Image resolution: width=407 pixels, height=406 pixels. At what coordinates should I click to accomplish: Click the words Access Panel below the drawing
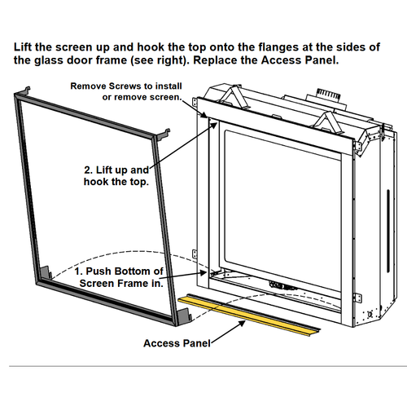177,343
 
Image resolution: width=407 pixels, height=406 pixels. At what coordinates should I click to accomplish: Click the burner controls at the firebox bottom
281,286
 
